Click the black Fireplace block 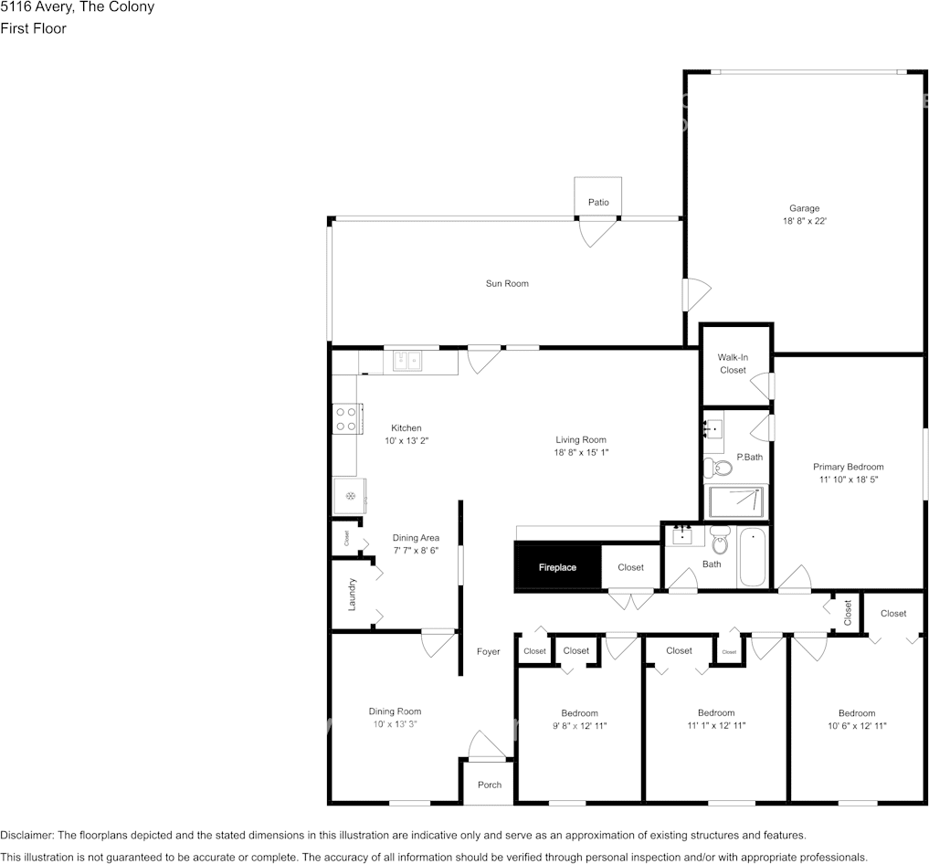click(557, 567)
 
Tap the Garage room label click(804, 208)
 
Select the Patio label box click(598, 202)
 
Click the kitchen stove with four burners click(346, 419)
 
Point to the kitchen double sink click(407, 363)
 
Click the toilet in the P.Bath click(718, 469)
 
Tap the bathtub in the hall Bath click(754, 557)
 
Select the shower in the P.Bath click(738, 501)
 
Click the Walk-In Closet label click(733, 364)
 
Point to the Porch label click(490, 785)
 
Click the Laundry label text click(352, 594)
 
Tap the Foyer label click(489, 651)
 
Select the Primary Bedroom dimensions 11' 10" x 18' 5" click(849, 479)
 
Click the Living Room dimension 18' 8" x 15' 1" click(581, 452)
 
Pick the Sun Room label click(507, 283)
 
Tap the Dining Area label click(416, 538)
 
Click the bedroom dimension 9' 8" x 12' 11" click(579, 726)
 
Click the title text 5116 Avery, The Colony click(78, 7)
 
